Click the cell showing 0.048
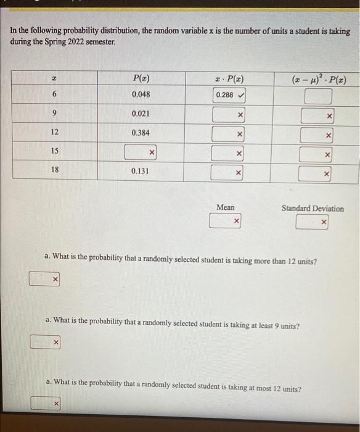(x=141, y=95)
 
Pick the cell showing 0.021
(x=141, y=114)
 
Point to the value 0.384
(x=141, y=133)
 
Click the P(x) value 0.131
(x=141, y=171)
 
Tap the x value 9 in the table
(x=54, y=114)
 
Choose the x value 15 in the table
(x=54, y=151)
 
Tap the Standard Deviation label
(x=313, y=208)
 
